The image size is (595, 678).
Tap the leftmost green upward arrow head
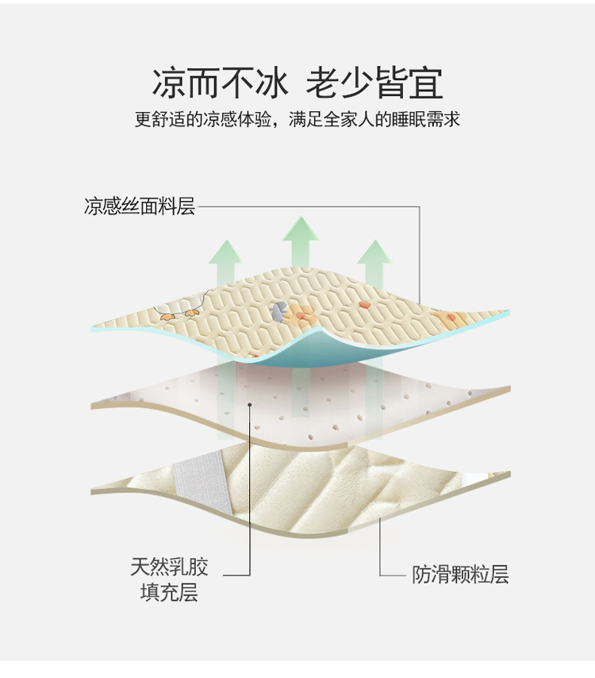(225, 252)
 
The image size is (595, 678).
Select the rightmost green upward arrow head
(375, 252)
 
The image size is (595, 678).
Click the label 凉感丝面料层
(140, 206)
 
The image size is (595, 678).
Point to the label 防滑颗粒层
(460, 575)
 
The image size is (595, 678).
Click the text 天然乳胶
(170, 567)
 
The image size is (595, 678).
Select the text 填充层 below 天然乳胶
(170, 592)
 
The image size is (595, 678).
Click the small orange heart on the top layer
(363, 305)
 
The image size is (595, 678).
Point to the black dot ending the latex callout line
(249, 405)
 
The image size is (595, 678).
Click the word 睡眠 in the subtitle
(409, 119)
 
